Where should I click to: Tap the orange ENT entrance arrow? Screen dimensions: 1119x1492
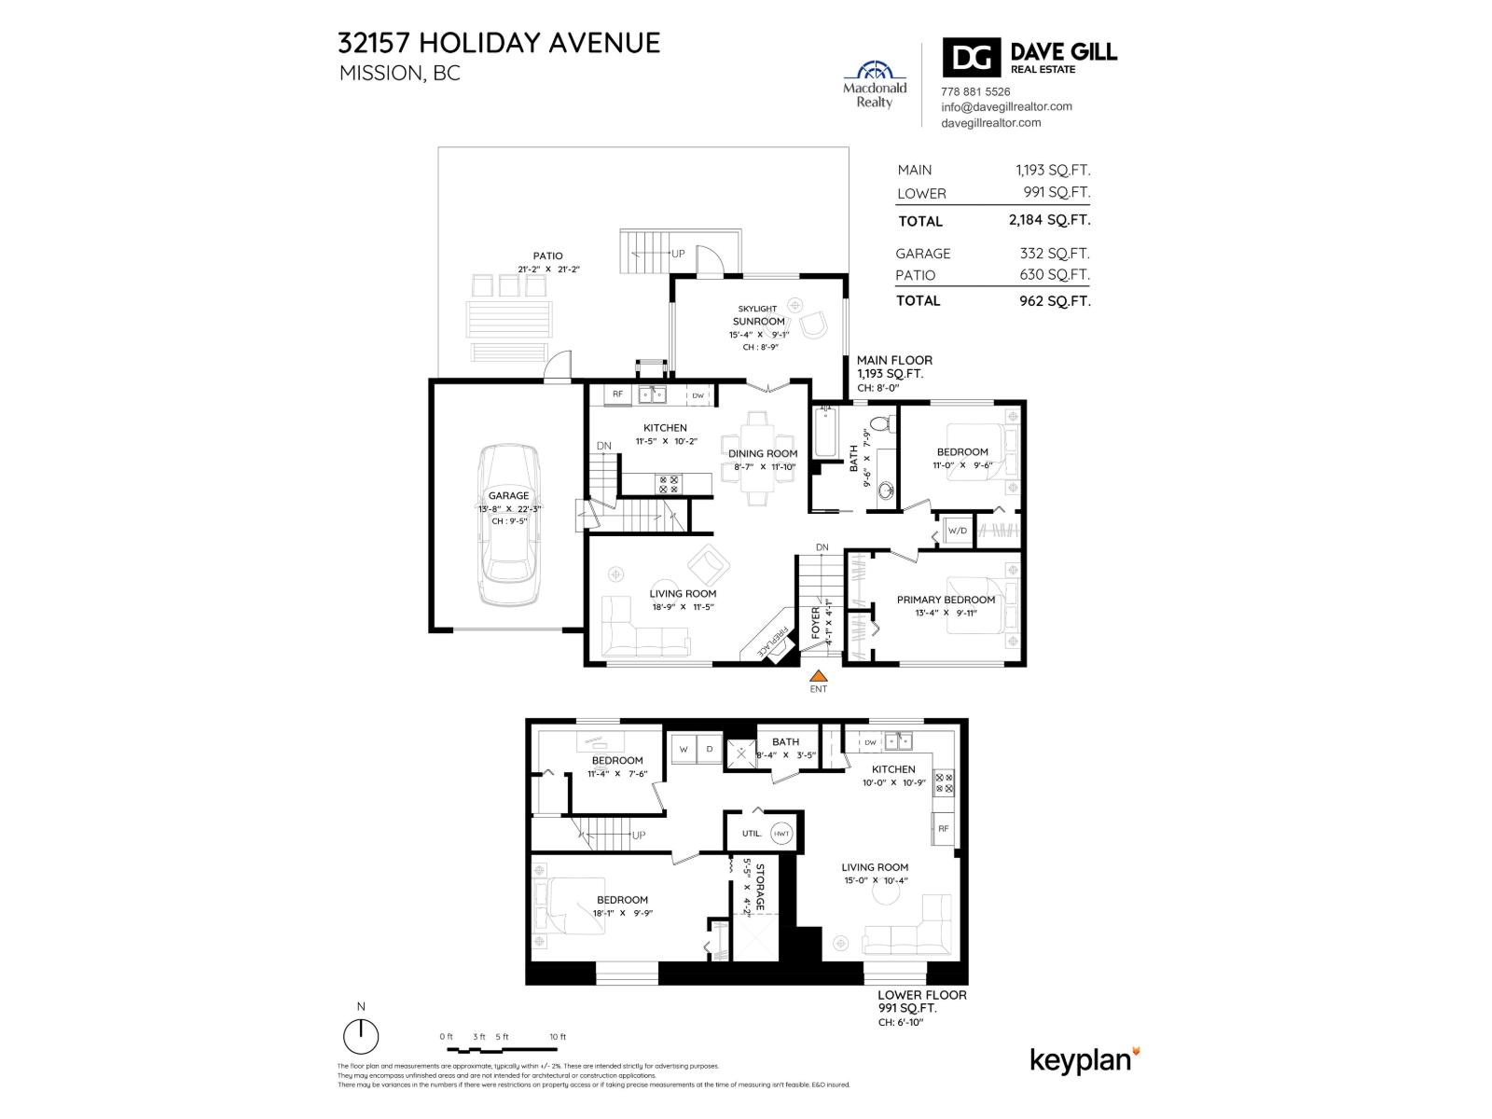pos(818,677)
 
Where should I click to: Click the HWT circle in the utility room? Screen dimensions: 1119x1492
pos(781,834)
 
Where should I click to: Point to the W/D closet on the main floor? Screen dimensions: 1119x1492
pos(958,531)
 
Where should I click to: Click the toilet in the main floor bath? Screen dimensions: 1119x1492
pos(888,421)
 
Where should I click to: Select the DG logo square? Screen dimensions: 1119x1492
pos(971,58)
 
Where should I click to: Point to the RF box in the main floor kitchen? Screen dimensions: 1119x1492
pos(617,394)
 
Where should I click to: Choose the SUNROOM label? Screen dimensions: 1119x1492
pos(758,322)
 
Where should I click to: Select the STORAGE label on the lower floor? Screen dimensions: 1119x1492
pos(759,887)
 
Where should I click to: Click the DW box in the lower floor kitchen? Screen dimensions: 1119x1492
pos(870,742)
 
